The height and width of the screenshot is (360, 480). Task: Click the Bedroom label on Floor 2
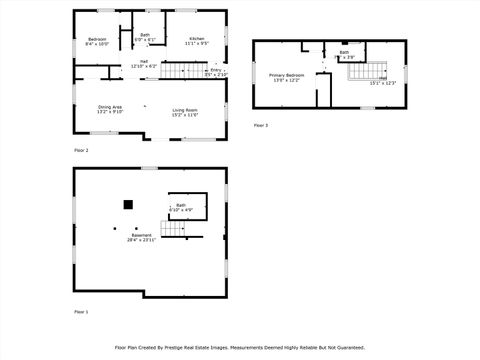pyautogui.click(x=96, y=39)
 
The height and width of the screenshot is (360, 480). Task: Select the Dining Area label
pyautogui.click(x=110, y=107)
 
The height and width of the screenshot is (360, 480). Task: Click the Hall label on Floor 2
pyautogui.click(x=144, y=62)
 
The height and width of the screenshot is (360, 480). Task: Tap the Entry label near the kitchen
pyautogui.click(x=216, y=70)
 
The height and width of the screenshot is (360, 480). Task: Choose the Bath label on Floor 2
pyautogui.click(x=145, y=35)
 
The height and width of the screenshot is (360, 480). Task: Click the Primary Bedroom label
pyautogui.click(x=286, y=75)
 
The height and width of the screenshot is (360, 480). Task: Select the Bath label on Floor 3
pyautogui.click(x=344, y=52)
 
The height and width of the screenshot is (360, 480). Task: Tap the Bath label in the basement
pyautogui.click(x=181, y=205)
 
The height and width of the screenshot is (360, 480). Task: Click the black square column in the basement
pyautogui.click(x=128, y=204)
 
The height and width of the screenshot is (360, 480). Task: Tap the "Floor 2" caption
pyautogui.click(x=81, y=150)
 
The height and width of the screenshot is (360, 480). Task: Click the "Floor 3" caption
pyautogui.click(x=260, y=125)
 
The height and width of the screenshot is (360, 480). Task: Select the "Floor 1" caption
pyautogui.click(x=81, y=312)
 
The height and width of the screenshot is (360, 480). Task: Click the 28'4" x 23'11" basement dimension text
pyautogui.click(x=140, y=241)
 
